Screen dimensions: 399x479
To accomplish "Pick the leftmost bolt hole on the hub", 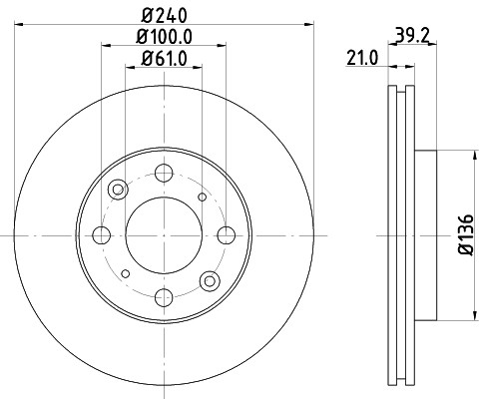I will (x=101, y=235).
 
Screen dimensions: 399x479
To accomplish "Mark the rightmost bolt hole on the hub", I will (x=227, y=235).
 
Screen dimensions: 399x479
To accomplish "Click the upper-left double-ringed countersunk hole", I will (x=119, y=190).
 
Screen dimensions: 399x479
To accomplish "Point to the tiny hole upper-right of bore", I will (x=203, y=197).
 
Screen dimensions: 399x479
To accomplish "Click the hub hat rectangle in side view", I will (x=423, y=235).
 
